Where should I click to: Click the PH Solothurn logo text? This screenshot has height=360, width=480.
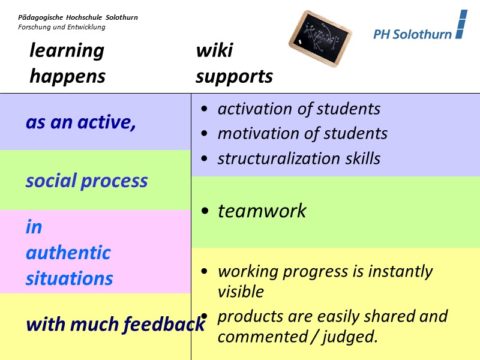pyautogui.click(x=412, y=34)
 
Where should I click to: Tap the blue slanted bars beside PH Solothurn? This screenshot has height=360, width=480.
pyautogui.click(x=461, y=25)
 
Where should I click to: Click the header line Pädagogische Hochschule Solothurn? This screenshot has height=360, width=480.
pyautogui.click(x=78, y=17)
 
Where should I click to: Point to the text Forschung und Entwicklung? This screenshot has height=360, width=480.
pyautogui.click(x=61, y=27)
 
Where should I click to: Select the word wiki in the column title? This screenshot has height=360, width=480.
pyautogui.click(x=214, y=50)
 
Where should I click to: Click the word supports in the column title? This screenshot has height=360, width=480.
pyautogui.click(x=234, y=77)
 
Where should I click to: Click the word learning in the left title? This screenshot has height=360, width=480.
pyautogui.click(x=67, y=50)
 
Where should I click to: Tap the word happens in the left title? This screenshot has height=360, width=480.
pyautogui.click(x=67, y=77)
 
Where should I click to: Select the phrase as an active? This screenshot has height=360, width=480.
pyautogui.click(x=81, y=122)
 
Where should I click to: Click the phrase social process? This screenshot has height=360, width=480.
pyautogui.click(x=86, y=181)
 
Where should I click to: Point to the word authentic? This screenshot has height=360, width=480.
pyautogui.click(x=68, y=253)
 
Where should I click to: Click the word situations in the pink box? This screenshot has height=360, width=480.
pyautogui.click(x=70, y=278)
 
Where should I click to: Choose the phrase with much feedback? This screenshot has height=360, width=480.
pyautogui.click(x=115, y=325)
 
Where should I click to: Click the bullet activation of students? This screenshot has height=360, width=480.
pyautogui.click(x=299, y=109)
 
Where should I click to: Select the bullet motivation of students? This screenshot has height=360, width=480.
pyautogui.click(x=302, y=133)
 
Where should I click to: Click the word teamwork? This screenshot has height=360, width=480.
pyautogui.click(x=262, y=211)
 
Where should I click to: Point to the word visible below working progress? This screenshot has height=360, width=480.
pyautogui.click(x=241, y=292)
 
